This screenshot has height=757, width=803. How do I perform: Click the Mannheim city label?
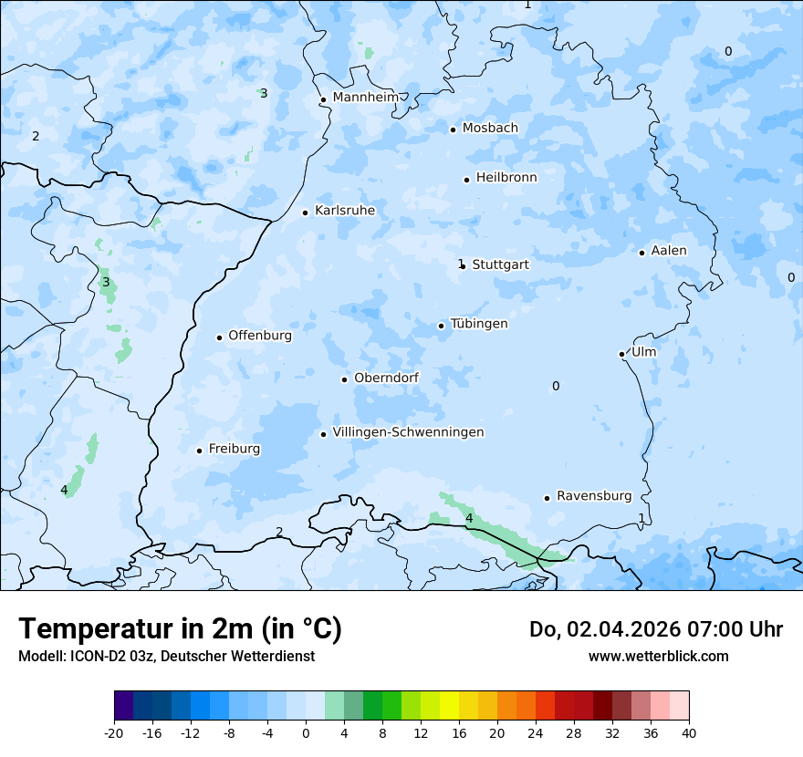(366, 97)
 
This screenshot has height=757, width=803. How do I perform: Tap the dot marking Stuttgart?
(464, 266)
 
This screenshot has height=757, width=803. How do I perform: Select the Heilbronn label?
(506, 178)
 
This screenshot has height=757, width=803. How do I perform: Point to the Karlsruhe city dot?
(306, 213)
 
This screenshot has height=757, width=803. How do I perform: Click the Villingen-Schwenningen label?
(408, 432)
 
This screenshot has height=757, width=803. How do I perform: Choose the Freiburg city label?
(234, 449)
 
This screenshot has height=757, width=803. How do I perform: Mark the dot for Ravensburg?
(547, 498)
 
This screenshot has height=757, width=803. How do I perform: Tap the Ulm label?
(643, 352)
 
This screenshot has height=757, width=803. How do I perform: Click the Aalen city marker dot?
(642, 253)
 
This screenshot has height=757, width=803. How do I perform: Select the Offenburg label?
(260, 336)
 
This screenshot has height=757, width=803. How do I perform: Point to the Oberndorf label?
(386, 378)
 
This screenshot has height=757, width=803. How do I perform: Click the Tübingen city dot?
(442, 326)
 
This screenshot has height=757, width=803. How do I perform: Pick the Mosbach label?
(490, 129)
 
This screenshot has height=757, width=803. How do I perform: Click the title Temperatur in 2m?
(180, 628)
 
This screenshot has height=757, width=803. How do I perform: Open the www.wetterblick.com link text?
(658, 657)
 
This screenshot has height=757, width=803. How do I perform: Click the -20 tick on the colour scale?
(114, 732)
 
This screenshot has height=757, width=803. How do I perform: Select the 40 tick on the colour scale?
(689, 732)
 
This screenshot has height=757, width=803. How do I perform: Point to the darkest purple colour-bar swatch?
(124, 705)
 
